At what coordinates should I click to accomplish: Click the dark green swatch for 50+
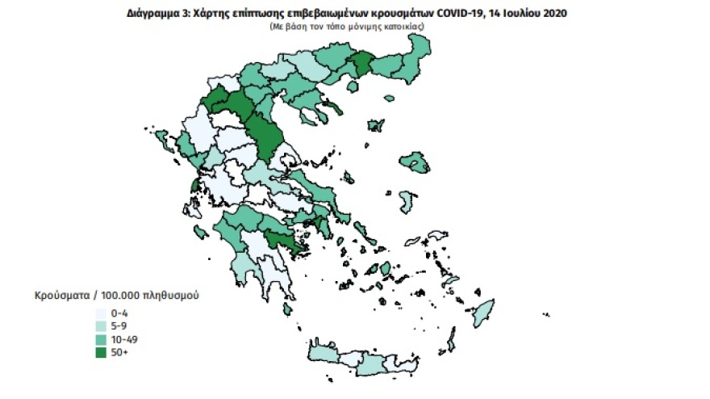[x=100, y=353]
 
